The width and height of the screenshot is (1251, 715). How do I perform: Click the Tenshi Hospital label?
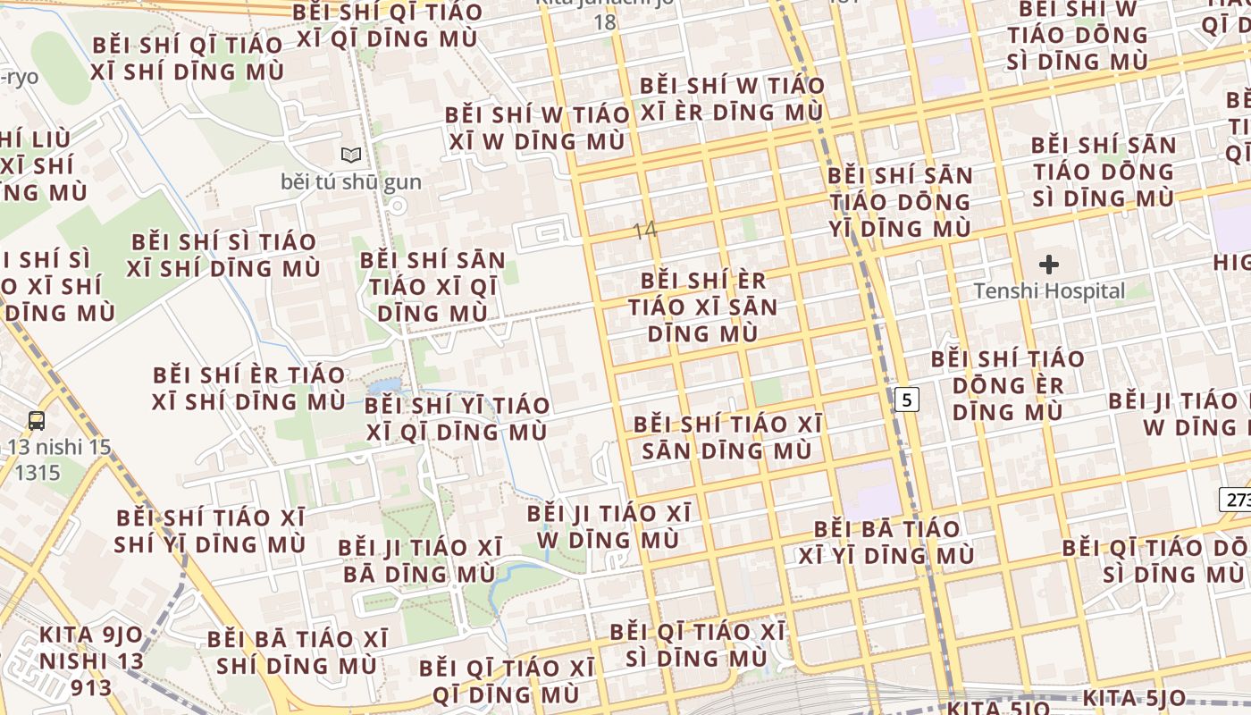pyautogui.click(x=1049, y=291)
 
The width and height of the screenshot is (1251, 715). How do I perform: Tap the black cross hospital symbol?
pyautogui.click(x=1049, y=265)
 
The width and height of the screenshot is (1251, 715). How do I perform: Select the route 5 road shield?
pyautogui.click(x=907, y=400)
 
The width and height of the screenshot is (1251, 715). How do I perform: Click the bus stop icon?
pyautogui.click(x=37, y=420)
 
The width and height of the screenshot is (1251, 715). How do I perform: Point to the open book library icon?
pyautogui.click(x=351, y=156)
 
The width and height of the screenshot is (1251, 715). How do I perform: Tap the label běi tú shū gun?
pyautogui.click(x=351, y=182)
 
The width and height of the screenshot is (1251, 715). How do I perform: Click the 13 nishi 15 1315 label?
pyautogui.click(x=59, y=458)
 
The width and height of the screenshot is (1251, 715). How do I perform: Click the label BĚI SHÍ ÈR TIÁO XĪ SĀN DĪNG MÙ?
pyautogui.click(x=702, y=307)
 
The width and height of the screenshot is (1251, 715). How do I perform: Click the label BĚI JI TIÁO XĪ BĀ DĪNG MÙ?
pyautogui.click(x=419, y=560)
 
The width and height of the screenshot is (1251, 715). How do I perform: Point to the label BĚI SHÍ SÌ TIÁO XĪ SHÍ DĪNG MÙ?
pyautogui.click(x=223, y=255)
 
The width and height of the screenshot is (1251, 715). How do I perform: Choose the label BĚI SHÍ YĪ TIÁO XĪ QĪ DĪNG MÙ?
pyautogui.click(x=457, y=419)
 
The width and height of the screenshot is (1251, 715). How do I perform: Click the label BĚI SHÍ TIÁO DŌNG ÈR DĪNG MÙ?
pyautogui.click(x=1007, y=385)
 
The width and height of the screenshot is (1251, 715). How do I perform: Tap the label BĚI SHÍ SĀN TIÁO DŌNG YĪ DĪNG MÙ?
pyautogui.click(x=899, y=202)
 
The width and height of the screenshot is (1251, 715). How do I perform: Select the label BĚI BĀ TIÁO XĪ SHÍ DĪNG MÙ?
pyautogui.click(x=298, y=652)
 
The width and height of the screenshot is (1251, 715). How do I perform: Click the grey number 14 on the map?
pyautogui.click(x=644, y=231)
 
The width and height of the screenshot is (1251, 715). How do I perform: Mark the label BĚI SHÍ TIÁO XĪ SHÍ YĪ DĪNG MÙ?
pyautogui.click(x=210, y=531)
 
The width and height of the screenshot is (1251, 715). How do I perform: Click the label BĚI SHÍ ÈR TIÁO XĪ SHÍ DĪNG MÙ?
pyautogui.click(x=248, y=388)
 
